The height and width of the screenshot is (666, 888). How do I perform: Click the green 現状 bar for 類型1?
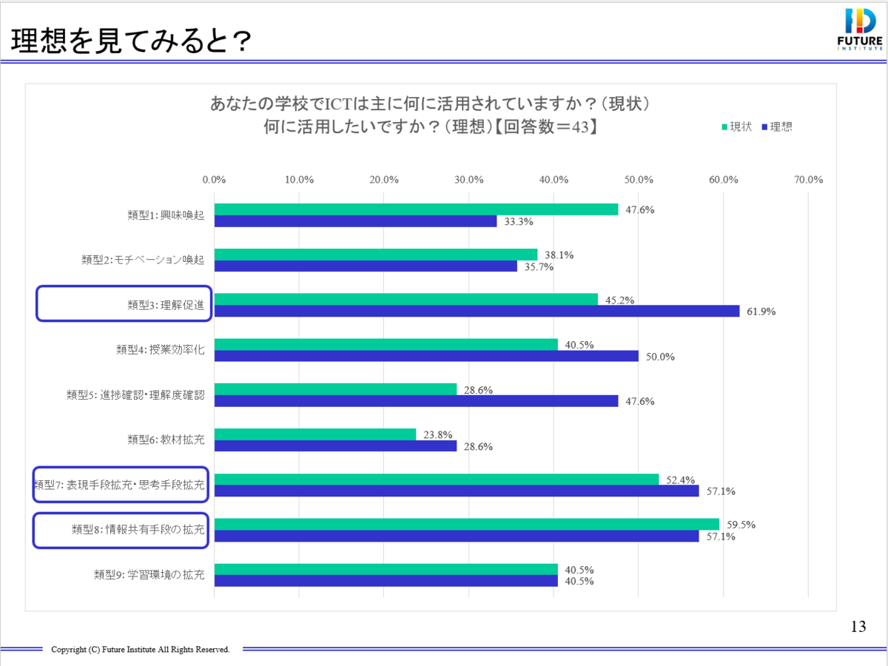pyautogui.click(x=416, y=209)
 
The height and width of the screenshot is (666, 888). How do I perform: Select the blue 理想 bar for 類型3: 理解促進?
pyautogui.click(x=477, y=311)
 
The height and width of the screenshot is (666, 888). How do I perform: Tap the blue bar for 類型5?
pyautogui.click(x=416, y=401)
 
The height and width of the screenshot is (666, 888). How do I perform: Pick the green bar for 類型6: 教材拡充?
pyautogui.click(x=315, y=434)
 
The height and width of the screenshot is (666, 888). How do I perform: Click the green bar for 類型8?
pyautogui.click(x=466, y=525)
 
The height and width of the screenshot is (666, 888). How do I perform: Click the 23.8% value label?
pyautogui.click(x=437, y=435)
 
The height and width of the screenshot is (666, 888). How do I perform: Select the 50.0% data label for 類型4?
pyautogui.click(x=659, y=357)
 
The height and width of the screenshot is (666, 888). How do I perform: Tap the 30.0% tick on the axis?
pyautogui.click(x=469, y=179)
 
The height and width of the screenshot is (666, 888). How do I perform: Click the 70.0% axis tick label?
pyautogui.click(x=808, y=179)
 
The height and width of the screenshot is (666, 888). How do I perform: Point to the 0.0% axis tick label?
pyautogui.click(x=215, y=179)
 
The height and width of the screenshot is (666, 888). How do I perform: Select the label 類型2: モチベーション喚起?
pyautogui.click(x=143, y=260)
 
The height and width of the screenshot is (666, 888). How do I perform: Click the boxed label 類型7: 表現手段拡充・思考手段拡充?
pyautogui.click(x=121, y=485)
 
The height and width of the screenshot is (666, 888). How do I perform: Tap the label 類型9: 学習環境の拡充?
pyautogui.click(x=149, y=574)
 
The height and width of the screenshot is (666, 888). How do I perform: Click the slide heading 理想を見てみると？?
pyautogui.click(x=129, y=42)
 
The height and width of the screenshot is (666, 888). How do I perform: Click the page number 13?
pyautogui.click(x=858, y=628)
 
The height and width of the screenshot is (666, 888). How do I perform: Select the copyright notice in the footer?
pyautogui.click(x=140, y=650)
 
